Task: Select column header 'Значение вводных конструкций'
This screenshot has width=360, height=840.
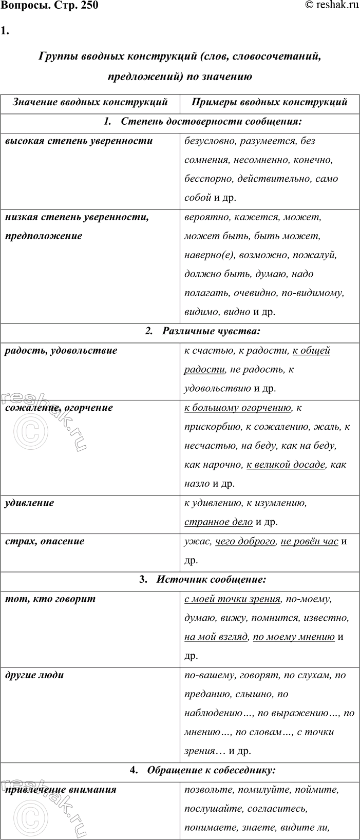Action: tap(90, 102)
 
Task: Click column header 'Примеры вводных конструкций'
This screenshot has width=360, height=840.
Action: tap(270, 102)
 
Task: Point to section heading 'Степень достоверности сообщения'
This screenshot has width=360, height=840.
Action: tap(211, 122)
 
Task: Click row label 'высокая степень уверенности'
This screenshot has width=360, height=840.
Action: tap(79, 141)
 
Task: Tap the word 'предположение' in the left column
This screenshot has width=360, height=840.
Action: tap(43, 236)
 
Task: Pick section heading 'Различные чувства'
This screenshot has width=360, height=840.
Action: tap(211, 331)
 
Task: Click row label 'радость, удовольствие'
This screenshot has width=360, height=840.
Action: tap(61, 350)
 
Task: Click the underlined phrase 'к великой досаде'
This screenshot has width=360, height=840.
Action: tap(286, 464)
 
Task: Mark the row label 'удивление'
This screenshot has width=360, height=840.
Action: tap(29, 503)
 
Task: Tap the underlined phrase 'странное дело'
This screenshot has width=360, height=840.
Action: tap(218, 522)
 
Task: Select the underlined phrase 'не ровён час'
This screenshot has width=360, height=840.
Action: tap(309, 541)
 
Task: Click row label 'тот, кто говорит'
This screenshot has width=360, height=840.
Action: tap(50, 598)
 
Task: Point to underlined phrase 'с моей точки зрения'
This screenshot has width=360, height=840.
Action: tap(233, 598)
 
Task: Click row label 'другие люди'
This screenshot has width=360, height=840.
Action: tap(34, 675)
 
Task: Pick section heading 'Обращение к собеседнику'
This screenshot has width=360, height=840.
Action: tap(211, 770)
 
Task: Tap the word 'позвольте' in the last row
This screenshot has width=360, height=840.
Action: tap(206, 790)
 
